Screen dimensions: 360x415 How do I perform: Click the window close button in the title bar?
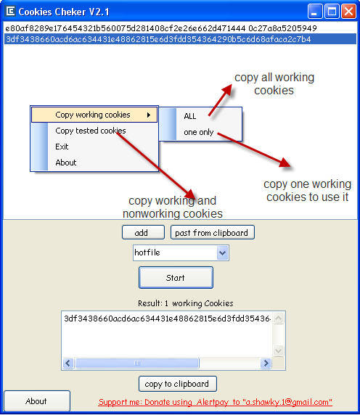(348, 12)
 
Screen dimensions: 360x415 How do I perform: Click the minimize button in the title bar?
(315, 12)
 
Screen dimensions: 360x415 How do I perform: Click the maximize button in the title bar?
(332, 12)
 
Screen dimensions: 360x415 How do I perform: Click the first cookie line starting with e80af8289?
(161, 28)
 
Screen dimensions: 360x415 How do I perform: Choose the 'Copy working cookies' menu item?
(94, 115)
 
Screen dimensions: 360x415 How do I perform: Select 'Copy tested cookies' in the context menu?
(91, 131)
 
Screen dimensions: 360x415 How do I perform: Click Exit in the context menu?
(62, 147)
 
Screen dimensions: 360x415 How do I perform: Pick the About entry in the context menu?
(66, 163)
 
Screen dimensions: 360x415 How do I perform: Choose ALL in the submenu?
(190, 116)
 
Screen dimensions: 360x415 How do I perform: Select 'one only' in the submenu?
(199, 132)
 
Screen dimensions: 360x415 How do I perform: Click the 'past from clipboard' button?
(213, 232)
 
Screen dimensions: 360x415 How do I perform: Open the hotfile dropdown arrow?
(222, 252)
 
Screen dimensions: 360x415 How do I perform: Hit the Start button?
(176, 278)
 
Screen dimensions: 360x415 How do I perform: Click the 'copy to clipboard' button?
(178, 384)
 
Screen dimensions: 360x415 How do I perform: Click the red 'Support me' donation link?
(215, 402)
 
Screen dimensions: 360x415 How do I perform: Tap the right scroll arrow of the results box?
(266, 363)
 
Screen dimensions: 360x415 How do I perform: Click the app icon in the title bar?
(10, 12)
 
